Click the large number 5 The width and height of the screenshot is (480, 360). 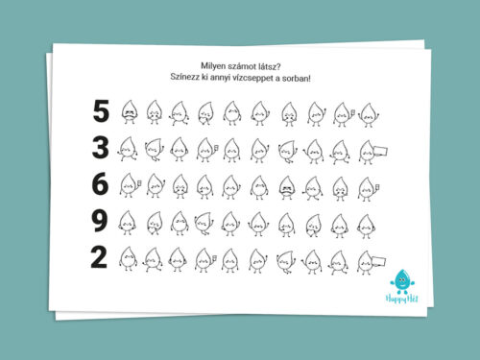(x=101, y=110)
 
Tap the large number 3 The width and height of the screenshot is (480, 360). (x=101, y=148)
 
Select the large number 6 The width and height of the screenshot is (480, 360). (x=100, y=183)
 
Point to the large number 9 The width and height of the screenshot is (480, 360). (x=99, y=221)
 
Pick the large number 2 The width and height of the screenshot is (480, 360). (x=99, y=257)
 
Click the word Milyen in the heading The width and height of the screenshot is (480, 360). (x=212, y=66)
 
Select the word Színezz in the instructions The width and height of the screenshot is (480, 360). (x=184, y=77)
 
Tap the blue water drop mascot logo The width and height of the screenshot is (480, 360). (x=402, y=281)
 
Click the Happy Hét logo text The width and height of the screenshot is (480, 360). (x=401, y=299)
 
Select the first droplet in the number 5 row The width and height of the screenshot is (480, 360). (x=130, y=112)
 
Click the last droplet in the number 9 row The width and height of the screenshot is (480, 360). (x=366, y=227)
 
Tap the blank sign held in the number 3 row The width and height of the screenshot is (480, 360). (x=380, y=151)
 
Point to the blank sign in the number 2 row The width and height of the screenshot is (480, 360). (x=378, y=261)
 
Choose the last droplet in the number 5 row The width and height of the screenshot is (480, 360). (x=369, y=115)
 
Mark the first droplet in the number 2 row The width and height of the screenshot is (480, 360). (x=129, y=259)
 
